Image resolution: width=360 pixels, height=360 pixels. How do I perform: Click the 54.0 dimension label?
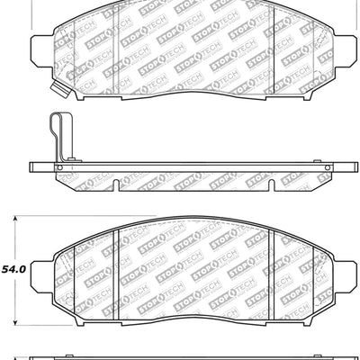coord(15,268)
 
